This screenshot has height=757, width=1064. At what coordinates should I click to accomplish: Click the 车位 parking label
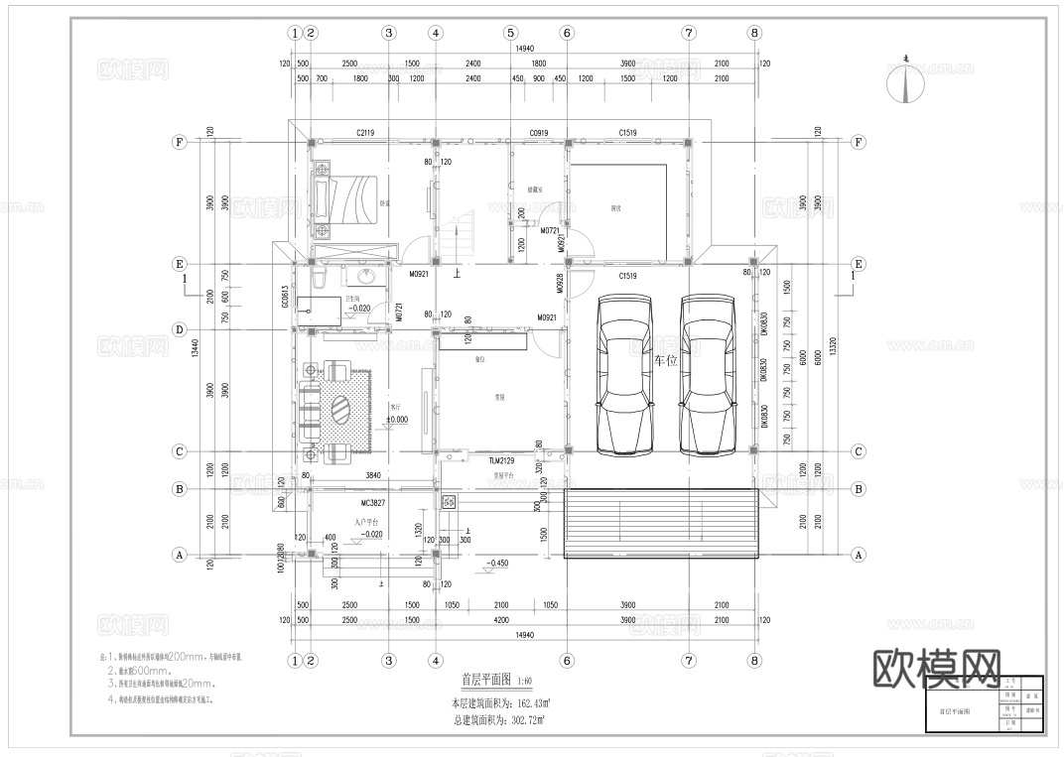tap(665, 362)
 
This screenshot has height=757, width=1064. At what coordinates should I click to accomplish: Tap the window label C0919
tap(539, 132)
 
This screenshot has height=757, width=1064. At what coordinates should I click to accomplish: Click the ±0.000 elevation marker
tap(396, 420)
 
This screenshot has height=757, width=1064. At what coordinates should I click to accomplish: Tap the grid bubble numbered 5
tap(510, 33)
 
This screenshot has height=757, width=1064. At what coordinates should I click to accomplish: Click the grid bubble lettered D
tap(180, 329)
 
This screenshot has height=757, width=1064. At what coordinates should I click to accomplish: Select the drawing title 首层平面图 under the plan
tap(486, 681)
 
